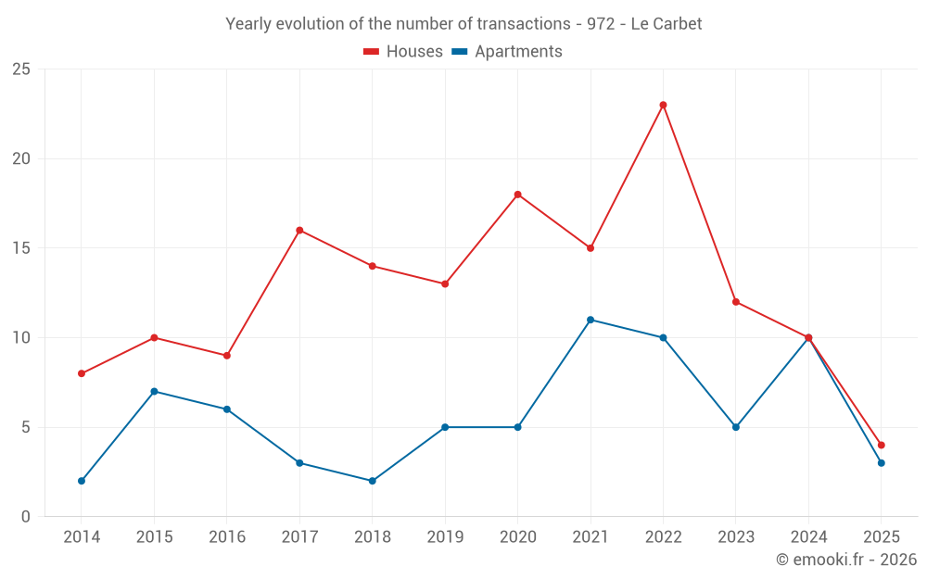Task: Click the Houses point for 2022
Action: click(663, 105)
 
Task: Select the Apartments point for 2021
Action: click(590, 320)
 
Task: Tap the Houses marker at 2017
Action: click(299, 230)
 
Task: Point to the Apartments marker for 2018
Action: click(372, 481)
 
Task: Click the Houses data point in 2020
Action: click(517, 195)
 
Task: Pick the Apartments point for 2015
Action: click(154, 391)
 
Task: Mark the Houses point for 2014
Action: click(82, 373)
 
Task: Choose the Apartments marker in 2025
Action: click(881, 462)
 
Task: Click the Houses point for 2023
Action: click(736, 302)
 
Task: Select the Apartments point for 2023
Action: click(736, 427)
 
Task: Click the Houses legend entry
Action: click(403, 52)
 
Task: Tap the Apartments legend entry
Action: click(507, 52)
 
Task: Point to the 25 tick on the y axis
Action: click(21, 69)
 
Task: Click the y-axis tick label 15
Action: click(21, 248)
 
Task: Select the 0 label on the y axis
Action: click(26, 517)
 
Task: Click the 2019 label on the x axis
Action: click(445, 537)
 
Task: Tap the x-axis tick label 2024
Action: click(808, 537)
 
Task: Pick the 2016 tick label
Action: click(227, 537)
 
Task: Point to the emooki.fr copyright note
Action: click(846, 560)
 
